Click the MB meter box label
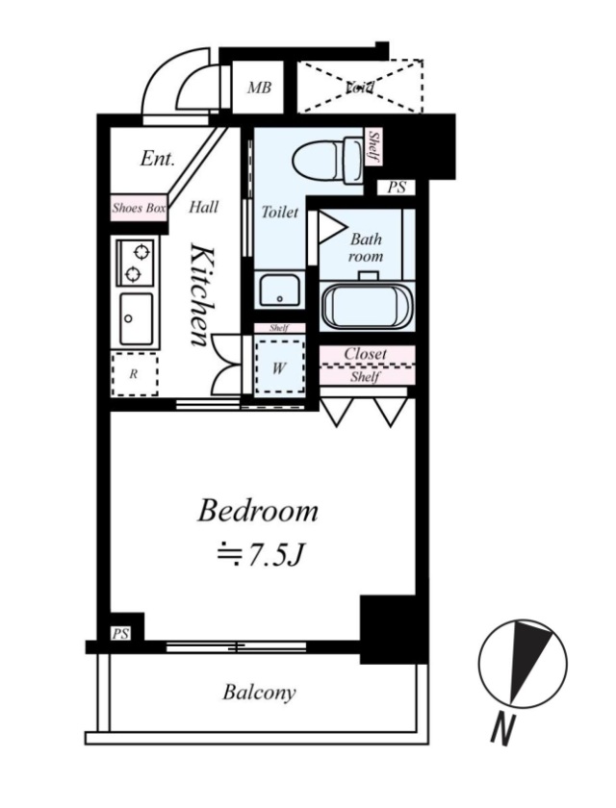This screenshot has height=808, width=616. [x=259, y=88]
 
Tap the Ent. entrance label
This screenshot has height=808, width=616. [x=156, y=159]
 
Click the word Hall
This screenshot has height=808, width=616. [x=203, y=206]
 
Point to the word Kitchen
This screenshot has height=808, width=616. [x=202, y=294]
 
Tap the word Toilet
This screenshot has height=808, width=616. [x=280, y=213]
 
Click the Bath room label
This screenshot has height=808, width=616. [x=366, y=247]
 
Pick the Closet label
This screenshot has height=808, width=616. [x=366, y=354]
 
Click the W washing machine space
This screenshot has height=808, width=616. [x=279, y=366]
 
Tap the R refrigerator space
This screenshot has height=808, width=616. [x=134, y=376]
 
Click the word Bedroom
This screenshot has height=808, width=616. [x=257, y=512]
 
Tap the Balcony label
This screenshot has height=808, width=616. [x=259, y=692]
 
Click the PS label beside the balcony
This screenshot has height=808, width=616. [x=121, y=632]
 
